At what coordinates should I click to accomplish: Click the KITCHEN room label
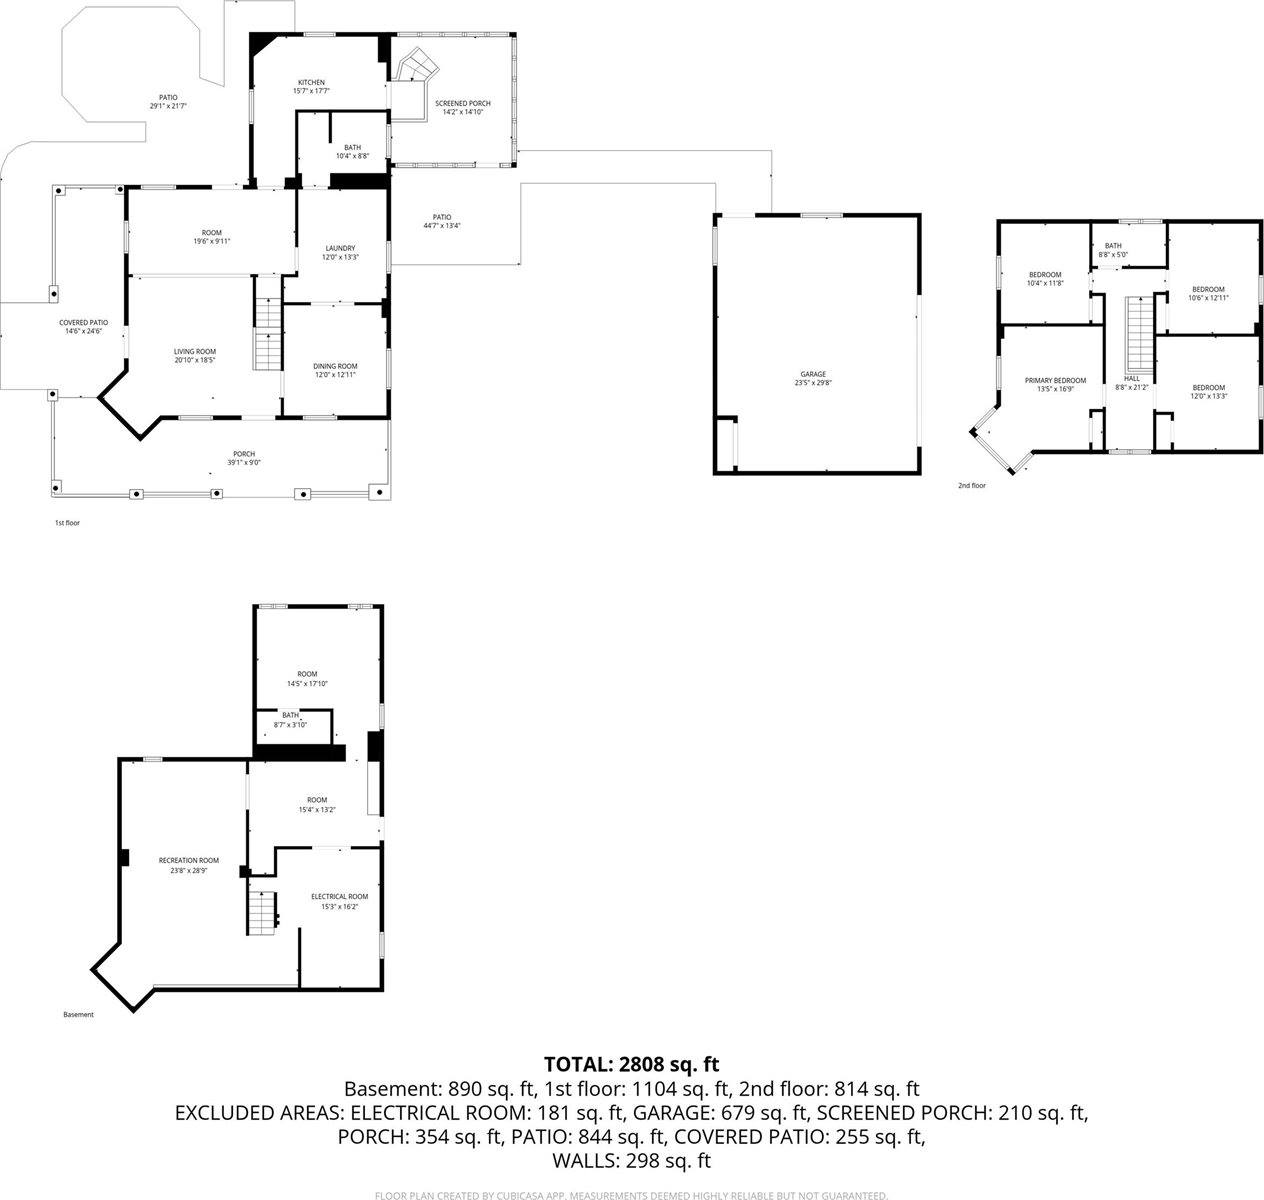pyautogui.click(x=311, y=83)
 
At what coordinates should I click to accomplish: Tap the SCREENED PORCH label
pyautogui.click(x=462, y=104)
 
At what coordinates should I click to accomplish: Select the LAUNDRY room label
pyautogui.click(x=340, y=249)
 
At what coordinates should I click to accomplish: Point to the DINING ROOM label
pyautogui.click(x=335, y=366)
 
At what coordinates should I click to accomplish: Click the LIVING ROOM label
pyautogui.click(x=195, y=352)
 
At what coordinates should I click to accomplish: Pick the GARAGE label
pyautogui.click(x=812, y=375)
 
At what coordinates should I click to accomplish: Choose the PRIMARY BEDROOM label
pyautogui.click(x=1055, y=381)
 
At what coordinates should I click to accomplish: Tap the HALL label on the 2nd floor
pyautogui.click(x=1132, y=379)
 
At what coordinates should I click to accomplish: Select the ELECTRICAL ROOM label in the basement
pyautogui.click(x=339, y=897)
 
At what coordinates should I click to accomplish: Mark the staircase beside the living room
pyautogui.click(x=268, y=334)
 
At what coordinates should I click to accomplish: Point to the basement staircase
pyautogui.click(x=261, y=911)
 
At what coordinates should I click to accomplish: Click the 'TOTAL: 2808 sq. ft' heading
pyautogui.click(x=631, y=1064)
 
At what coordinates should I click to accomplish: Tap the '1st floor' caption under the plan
pyautogui.click(x=67, y=523)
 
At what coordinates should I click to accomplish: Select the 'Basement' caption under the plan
pyautogui.click(x=78, y=1015)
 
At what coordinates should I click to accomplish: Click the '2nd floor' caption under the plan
pyautogui.click(x=971, y=486)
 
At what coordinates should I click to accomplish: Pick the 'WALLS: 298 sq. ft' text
pyautogui.click(x=631, y=1161)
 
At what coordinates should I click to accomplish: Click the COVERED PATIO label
pyautogui.click(x=85, y=323)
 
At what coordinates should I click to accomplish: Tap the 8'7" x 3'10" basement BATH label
pyautogui.click(x=290, y=715)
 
